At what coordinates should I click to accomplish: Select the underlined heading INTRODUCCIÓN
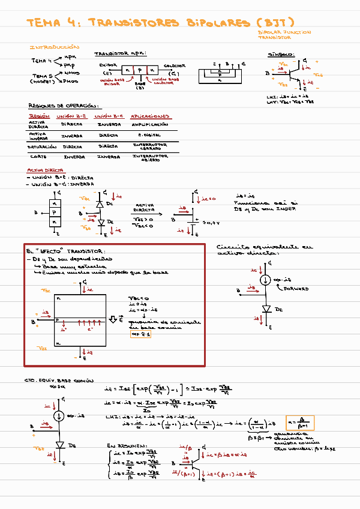click(54, 46)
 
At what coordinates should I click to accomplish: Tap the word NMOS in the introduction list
click(71, 73)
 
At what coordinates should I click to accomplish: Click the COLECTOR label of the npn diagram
click(174, 65)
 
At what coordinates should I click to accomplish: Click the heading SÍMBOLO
click(280, 55)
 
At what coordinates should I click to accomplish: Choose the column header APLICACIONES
click(150, 116)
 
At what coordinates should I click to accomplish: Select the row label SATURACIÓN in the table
click(42, 146)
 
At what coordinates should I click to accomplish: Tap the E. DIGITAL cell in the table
click(149, 136)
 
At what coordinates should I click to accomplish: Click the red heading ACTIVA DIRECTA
click(46, 170)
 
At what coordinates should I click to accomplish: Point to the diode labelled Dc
click(100, 203)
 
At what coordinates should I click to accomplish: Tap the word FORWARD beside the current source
click(296, 289)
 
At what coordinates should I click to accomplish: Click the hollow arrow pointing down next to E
click(112, 318)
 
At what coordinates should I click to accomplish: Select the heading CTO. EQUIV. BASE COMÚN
click(59, 381)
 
